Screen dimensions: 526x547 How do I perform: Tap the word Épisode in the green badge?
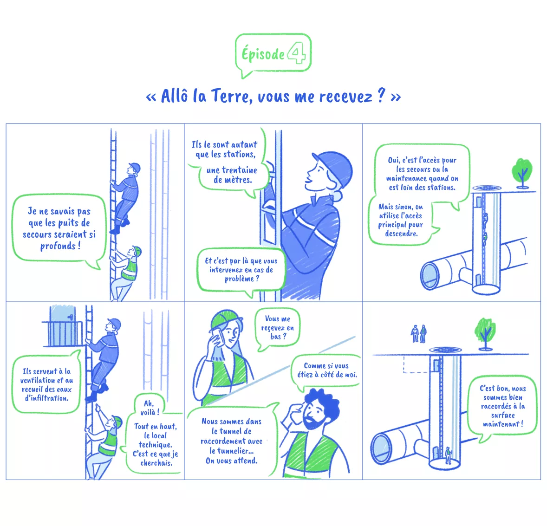[x=262, y=54]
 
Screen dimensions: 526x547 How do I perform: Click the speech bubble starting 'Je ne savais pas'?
[x=59, y=228]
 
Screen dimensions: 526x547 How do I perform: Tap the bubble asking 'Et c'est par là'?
[x=241, y=270]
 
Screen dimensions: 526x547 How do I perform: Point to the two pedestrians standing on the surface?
[x=418, y=333]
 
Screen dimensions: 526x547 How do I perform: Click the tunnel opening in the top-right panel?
[x=430, y=275]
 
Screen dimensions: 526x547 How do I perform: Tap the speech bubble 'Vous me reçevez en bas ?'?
[x=278, y=328]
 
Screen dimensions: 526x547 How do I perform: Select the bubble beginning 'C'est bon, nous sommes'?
[x=502, y=406]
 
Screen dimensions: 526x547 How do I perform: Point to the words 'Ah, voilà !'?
[x=150, y=408]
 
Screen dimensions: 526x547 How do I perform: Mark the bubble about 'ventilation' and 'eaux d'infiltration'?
[x=46, y=384]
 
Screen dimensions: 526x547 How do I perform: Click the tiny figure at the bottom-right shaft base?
[x=448, y=455]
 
